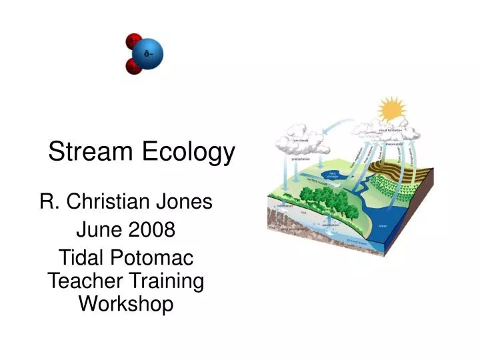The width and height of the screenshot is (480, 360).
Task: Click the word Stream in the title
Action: pyautogui.click(x=91, y=153)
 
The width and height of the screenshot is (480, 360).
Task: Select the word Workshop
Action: pyautogui.click(x=126, y=304)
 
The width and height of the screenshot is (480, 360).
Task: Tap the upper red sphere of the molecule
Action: pyautogui.click(x=133, y=40)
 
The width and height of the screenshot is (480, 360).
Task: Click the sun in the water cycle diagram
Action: pyautogui.click(x=391, y=108)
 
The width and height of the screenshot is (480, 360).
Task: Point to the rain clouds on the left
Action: pyautogui.click(x=303, y=139)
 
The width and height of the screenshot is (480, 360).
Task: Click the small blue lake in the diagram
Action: pyautogui.click(x=333, y=175)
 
